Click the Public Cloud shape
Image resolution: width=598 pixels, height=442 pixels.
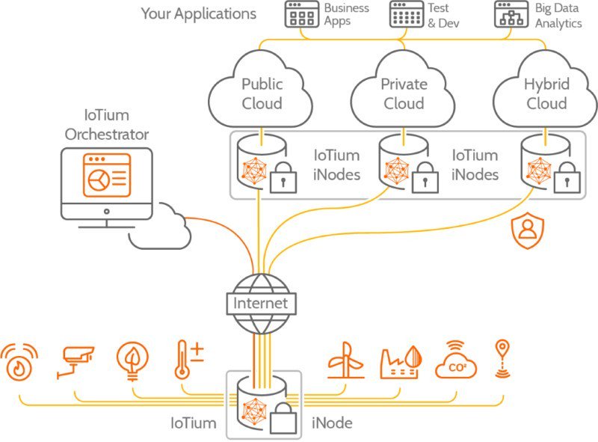click(x=262, y=93)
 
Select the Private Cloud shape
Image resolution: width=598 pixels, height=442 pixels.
click(x=404, y=93)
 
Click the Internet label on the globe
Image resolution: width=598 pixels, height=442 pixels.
click(x=260, y=304)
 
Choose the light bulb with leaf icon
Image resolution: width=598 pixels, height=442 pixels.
click(x=132, y=360)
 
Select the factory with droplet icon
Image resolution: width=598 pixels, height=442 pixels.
click(x=401, y=360)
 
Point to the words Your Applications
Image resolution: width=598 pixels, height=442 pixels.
click(x=199, y=14)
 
